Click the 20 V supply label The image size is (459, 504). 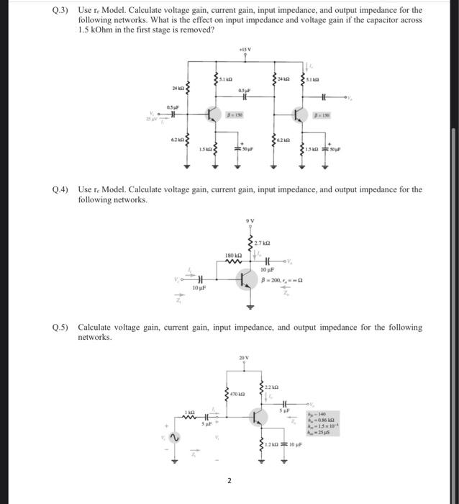click(x=244, y=358)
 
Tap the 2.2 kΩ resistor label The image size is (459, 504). click(x=271, y=386)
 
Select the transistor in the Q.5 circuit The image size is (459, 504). click(x=257, y=417)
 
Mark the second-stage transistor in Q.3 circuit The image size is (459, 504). click(x=299, y=114)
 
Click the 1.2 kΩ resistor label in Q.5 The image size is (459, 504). click(x=271, y=446)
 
